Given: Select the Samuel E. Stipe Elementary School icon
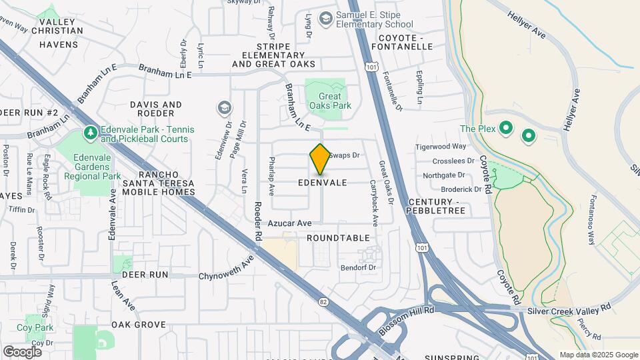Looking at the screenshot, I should (326, 18).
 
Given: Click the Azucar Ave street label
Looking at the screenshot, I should (291, 223).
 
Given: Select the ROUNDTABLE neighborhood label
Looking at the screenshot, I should (339, 238).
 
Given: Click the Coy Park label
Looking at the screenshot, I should (35, 327).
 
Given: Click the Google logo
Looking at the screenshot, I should (22, 351).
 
